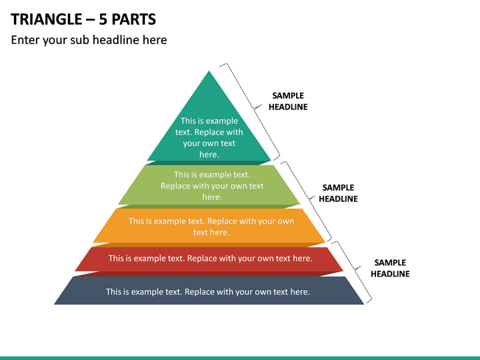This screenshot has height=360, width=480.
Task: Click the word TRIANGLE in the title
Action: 47,19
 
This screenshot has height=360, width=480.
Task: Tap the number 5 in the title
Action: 103,19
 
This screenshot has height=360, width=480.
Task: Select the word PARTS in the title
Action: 134,19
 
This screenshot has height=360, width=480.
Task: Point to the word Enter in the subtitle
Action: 25,40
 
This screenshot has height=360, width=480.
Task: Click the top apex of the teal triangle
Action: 209,71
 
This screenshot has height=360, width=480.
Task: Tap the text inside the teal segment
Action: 209,137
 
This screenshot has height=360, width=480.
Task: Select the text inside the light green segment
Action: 212,185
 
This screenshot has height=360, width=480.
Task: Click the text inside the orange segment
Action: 211,227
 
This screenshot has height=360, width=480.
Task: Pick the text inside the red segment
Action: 210,259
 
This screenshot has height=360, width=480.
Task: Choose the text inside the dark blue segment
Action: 208,292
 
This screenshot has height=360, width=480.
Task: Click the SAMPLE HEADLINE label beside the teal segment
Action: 288,101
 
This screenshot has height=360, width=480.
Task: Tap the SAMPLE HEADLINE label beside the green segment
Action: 338,193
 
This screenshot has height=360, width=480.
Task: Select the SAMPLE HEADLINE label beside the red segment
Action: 390,268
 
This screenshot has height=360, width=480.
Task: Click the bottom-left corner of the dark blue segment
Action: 54,304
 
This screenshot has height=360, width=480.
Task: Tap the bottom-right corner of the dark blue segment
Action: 364,304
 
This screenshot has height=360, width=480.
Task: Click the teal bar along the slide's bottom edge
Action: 240,358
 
